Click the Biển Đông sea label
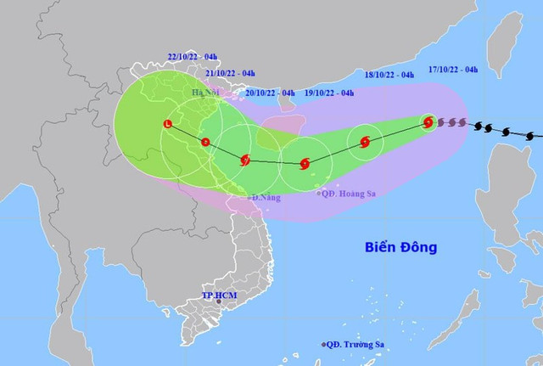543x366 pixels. tap(402, 248)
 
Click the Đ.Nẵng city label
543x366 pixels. tap(266, 197)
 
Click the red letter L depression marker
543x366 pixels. tap(167, 125)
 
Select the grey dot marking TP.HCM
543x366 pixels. tap(218, 301)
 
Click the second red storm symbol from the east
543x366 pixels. tap(365, 142)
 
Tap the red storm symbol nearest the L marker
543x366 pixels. tap(205, 142)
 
